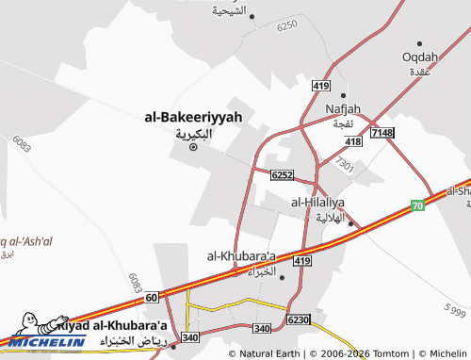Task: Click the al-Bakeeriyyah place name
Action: coord(193,117)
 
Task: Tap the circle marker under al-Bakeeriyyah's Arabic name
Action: coord(194,145)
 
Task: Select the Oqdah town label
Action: coord(420,57)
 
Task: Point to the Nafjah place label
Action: coord(343,108)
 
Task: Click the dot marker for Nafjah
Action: coord(344,96)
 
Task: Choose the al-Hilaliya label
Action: coord(317,202)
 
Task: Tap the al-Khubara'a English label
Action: coord(241,255)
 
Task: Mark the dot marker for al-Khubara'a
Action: coord(282,276)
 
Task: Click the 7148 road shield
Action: coord(382,133)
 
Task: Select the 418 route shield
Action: coord(353,141)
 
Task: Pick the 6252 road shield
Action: coord(281,175)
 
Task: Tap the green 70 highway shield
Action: coord(417,205)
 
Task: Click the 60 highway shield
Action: coord(153,298)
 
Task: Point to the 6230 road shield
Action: coord(299,320)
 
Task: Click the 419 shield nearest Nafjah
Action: coord(322,86)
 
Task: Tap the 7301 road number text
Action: coord(345,166)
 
